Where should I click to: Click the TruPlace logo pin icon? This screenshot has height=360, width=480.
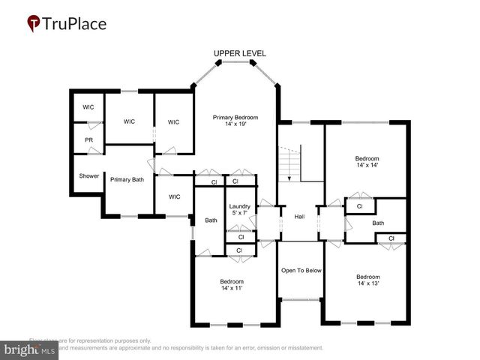(x=34, y=24)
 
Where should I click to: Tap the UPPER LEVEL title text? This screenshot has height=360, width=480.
(x=239, y=53)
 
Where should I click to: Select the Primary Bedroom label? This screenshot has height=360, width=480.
(x=235, y=121)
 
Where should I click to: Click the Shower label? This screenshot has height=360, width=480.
(x=88, y=176)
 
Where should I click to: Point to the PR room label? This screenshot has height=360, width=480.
(x=88, y=140)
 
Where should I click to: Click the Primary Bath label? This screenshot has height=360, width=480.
(x=127, y=179)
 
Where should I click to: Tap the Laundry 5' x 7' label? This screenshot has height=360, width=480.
(x=239, y=210)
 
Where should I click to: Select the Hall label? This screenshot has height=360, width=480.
(x=299, y=217)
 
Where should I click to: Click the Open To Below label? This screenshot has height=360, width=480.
(x=301, y=270)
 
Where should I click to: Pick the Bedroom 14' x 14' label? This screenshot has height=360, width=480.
(x=367, y=163)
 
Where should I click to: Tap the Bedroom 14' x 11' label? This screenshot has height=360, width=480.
(x=231, y=285)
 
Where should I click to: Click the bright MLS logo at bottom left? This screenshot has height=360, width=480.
(x=30, y=349)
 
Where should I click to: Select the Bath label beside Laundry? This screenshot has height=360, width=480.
(x=211, y=220)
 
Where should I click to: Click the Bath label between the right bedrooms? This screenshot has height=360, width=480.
(x=378, y=223)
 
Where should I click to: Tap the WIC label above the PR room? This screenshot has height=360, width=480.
(x=88, y=107)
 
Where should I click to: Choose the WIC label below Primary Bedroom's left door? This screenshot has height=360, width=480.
(x=174, y=196)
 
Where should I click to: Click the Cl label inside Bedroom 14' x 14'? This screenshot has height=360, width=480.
(x=359, y=205)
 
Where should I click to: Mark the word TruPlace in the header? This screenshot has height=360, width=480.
(x=75, y=24)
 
